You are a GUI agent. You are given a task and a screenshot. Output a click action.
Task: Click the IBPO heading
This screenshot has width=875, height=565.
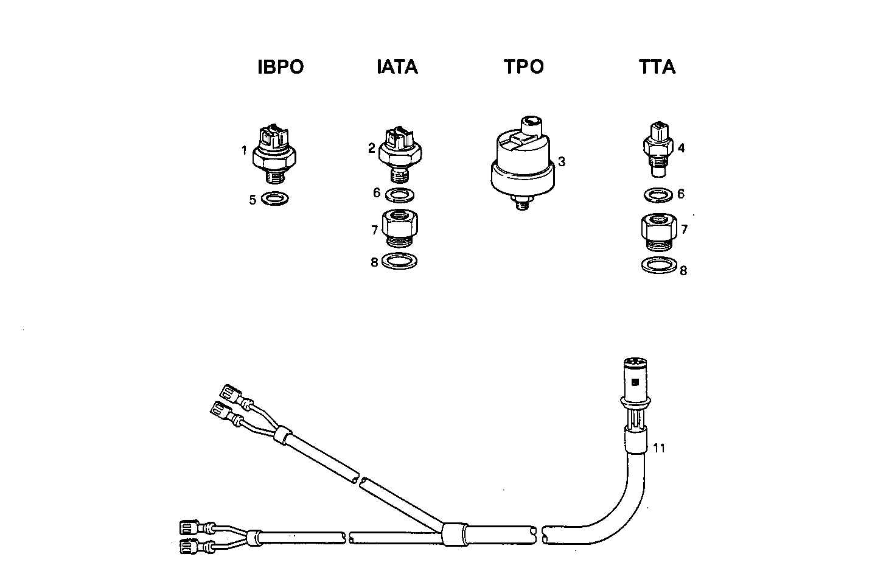(x=281, y=66)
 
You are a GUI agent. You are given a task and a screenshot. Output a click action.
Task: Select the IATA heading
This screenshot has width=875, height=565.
(x=397, y=66)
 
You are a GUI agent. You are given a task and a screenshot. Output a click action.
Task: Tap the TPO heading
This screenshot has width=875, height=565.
(x=524, y=66)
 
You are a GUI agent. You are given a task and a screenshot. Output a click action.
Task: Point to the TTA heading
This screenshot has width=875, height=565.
(x=657, y=66)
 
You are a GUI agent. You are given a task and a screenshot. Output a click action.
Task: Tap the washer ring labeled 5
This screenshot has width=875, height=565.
(x=275, y=198)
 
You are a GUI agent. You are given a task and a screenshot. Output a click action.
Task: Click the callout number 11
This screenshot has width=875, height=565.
(x=659, y=448)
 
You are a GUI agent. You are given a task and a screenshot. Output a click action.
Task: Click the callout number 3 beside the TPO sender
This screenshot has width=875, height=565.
(x=562, y=162)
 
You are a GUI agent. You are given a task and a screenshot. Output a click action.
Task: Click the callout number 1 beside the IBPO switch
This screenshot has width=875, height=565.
(x=243, y=150)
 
